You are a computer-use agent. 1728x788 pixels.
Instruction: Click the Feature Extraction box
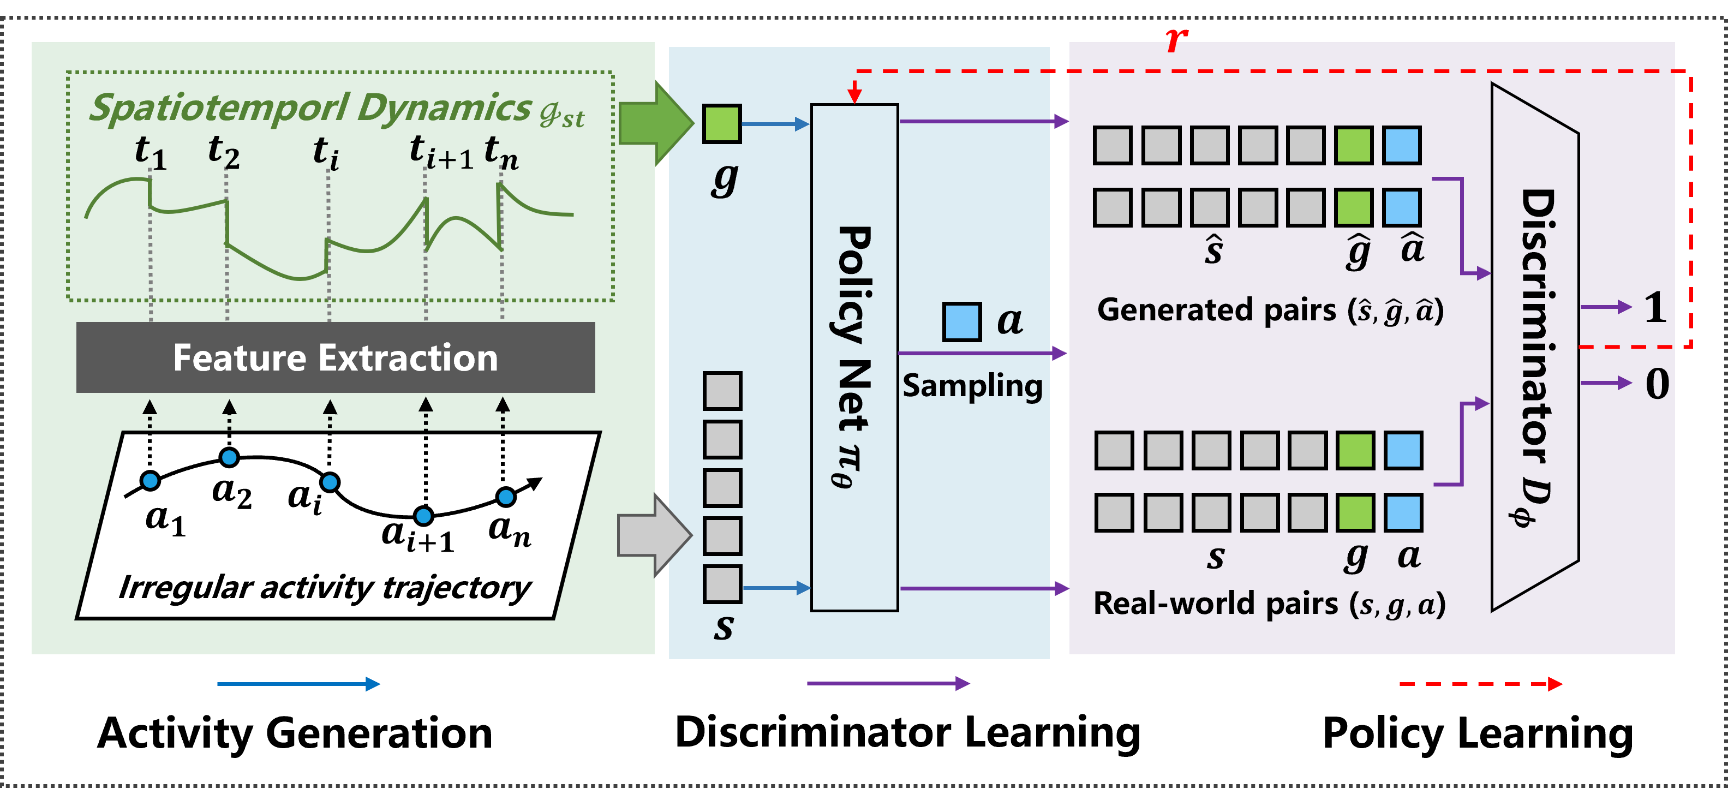coord(336,357)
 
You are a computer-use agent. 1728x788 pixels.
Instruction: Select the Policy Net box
coord(854,357)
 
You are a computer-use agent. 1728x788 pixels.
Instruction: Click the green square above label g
coord(722,124)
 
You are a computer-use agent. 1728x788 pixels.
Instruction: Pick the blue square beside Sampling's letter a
coord(962,322)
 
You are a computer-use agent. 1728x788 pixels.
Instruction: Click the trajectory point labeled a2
coord(229,458)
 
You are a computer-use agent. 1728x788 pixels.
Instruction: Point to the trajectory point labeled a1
coord(150,480)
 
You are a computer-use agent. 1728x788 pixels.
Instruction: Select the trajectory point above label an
coord(506,496)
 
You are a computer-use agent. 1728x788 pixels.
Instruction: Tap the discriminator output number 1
coord(1655,308)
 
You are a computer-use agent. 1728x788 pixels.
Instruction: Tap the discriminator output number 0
coord(1657,384)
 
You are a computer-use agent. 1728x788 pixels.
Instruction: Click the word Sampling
coord(972,387)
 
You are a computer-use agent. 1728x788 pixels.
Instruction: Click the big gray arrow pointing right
coord(653,535)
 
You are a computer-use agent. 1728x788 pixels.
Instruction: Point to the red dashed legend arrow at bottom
coord(1480,684)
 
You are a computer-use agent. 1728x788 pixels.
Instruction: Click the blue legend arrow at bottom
coord(298,684)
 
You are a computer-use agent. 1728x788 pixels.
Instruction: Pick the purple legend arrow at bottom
coord(888,683)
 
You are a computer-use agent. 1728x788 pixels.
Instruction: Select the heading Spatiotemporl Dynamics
coord(310,108)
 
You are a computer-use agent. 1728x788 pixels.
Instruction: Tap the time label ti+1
coord(441,152)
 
